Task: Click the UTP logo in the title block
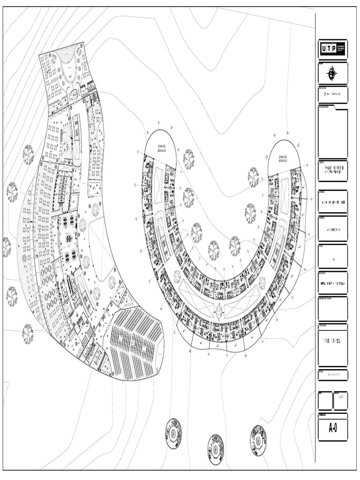click(x=333, y=48)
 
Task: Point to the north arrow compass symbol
click(x=332, y=74)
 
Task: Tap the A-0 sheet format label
click(x=333, y=427)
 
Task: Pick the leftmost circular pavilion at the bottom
click(x=173, y=433)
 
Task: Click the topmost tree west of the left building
click(x=29, y=154)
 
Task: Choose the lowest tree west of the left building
click(x=28, y=333)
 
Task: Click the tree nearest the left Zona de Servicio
click(x=188, y=159)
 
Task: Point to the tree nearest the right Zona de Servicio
click(x=253, y=177)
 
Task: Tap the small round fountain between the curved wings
click(x=219, y=308)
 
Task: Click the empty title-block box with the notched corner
click(x=333, y=134)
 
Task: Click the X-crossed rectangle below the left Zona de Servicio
click(x=158, y=180)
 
